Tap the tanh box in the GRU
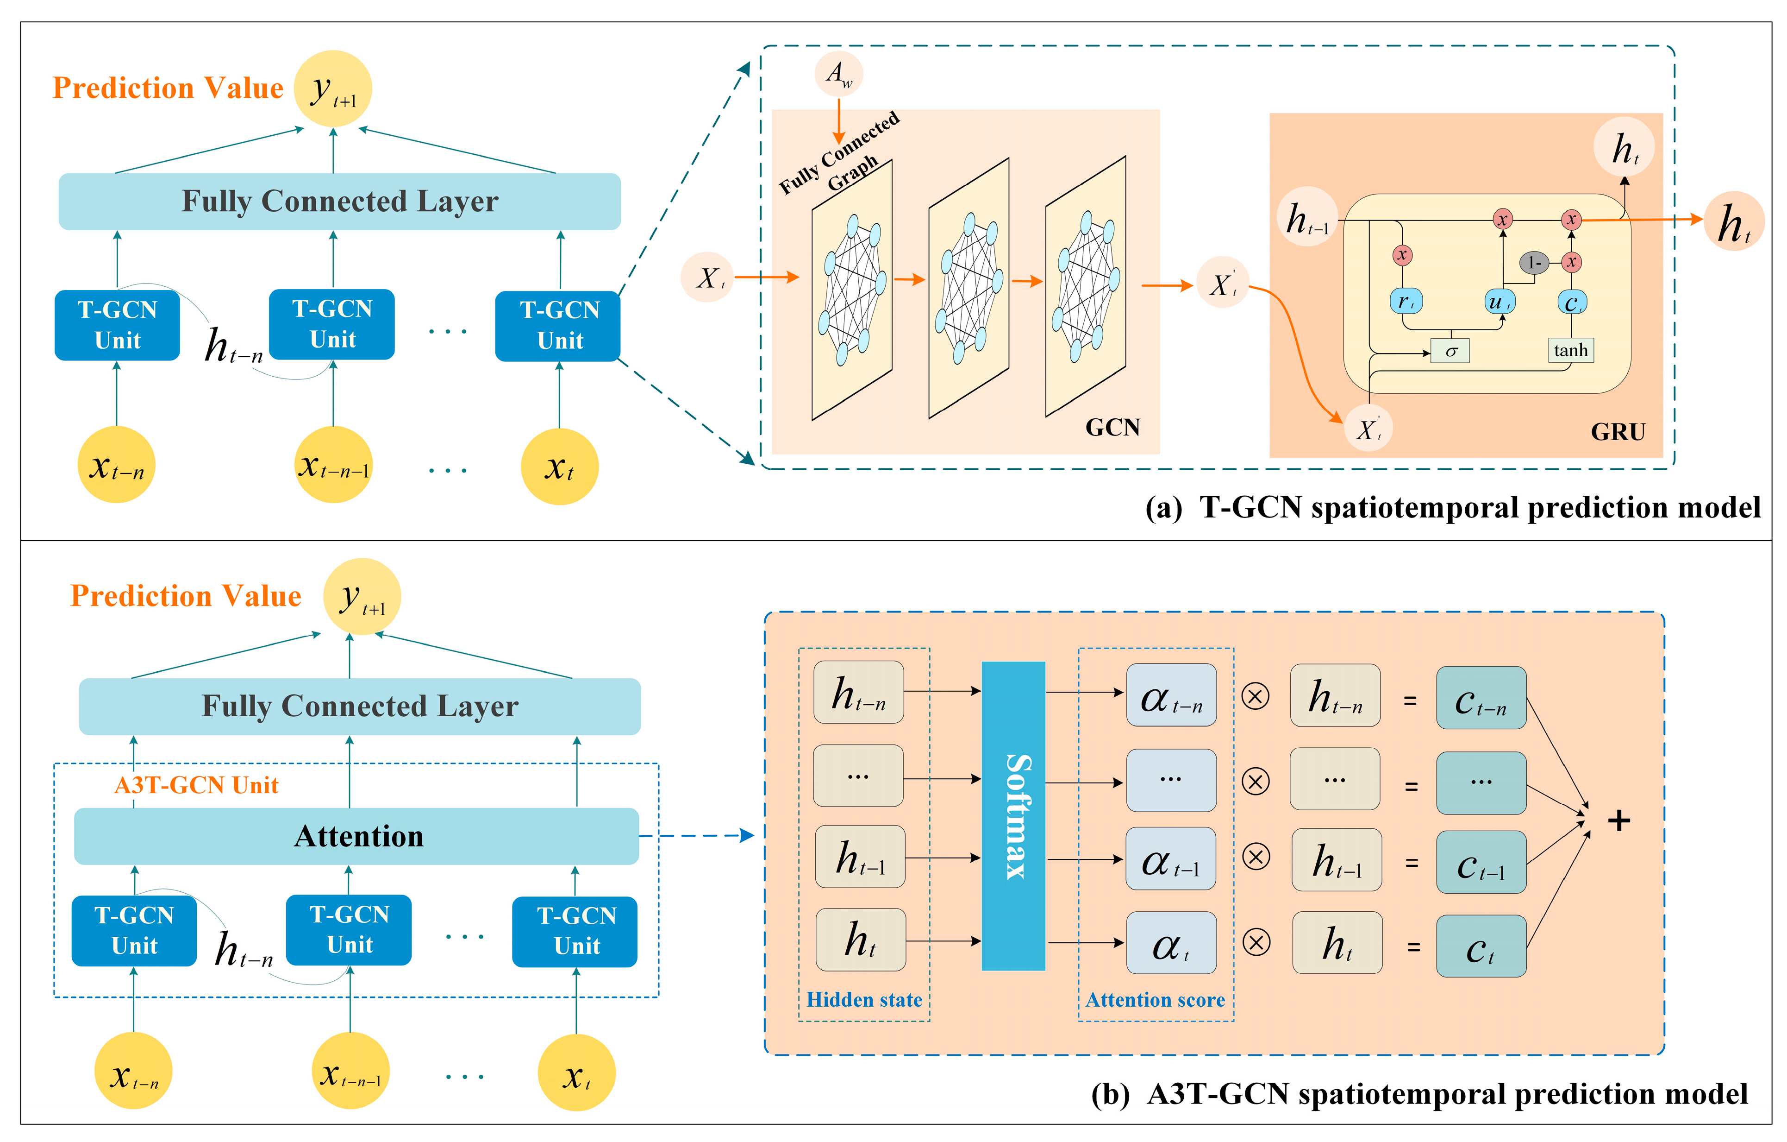[1570, 350]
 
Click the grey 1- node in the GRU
[1534, 263]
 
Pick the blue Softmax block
[1013, 815]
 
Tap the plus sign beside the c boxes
[1618, 820]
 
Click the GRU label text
[1618, 432]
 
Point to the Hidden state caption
[864, 999]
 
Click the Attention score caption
[1155, 999]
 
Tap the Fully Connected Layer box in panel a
[340, 201]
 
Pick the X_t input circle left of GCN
[707, 278]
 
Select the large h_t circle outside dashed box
[1733, 221]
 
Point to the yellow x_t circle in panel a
[560, 467]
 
